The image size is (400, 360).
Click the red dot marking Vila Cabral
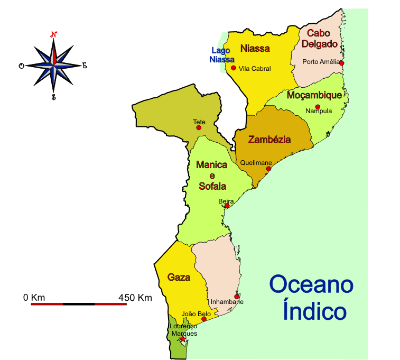[x=233, y=68]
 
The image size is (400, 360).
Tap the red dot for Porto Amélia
[x=341, y=63]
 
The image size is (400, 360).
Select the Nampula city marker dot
[x=318, y=107]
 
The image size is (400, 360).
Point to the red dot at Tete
[x=199, y=127]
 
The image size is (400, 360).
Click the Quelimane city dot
[x=268, y=169]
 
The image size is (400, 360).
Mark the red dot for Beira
[x=227, y=206]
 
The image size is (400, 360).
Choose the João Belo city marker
[x=204, y=319]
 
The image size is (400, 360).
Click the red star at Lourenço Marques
[x=183, y=339]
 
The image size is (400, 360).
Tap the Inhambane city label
[x=227, y=302]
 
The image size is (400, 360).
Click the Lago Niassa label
[x=221, y=55]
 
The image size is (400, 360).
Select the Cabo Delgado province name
[x=319, y=39]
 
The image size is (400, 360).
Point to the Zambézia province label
[x=269, y=140]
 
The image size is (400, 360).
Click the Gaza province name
[x=179, y=277]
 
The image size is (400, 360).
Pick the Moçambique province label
[x=314, y=95]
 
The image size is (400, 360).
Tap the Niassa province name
[x=255, y=49]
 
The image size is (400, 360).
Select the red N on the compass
[x=53, y=35]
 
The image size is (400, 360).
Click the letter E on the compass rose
[x=84, y=66]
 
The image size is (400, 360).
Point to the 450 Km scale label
[x=135, y=298]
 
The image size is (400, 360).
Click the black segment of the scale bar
[x=79, y=304]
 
